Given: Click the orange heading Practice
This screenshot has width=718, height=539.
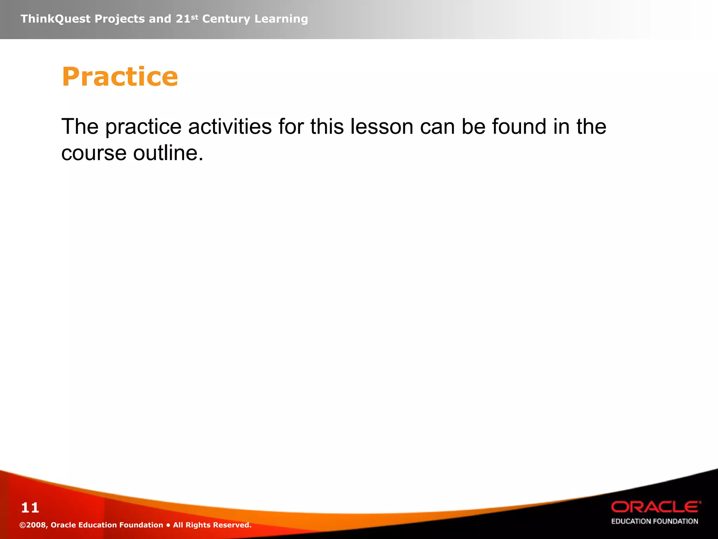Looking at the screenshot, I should click(x=120, y=76).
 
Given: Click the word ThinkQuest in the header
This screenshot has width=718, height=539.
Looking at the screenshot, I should click(x=55, y=19).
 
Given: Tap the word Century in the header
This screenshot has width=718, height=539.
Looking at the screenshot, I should click(x=226, y=19).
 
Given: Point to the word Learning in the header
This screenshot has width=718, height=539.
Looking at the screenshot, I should click(x=281, y=19).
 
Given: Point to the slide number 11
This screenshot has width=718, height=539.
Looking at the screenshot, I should click(x=30, y=508).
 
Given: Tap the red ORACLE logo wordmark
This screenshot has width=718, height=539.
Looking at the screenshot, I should click(x=656, y=507).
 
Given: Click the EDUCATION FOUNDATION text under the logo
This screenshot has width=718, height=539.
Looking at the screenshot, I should click(x=655, y=521).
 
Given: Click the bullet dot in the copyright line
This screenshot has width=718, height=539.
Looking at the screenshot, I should click(x=168, y=525).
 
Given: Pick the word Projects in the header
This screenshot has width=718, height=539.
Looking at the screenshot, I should click(x=120, y=19).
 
